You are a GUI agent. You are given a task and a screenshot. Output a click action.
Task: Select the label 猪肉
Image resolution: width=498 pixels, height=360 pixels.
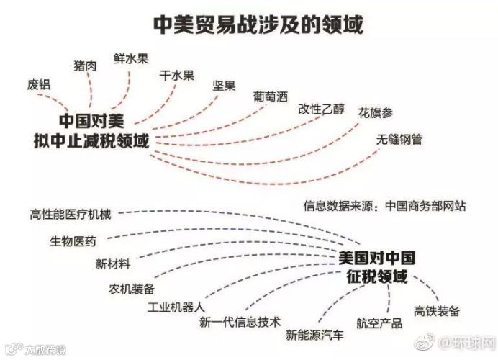pyautogui.click(x=86, y=66)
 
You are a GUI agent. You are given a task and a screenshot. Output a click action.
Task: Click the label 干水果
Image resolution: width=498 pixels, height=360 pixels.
pyautogui.click(x=176, y=73)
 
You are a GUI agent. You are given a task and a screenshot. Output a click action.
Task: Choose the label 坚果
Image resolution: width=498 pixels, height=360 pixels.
pyautogui.click(x=224, y=86)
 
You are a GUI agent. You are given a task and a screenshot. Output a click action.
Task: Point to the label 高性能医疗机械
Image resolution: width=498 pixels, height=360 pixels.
pyautogui.click(x=74, y=214)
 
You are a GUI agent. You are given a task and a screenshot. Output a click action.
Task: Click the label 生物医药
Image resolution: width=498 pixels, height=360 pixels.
pyautogui.click(x=73, y=240)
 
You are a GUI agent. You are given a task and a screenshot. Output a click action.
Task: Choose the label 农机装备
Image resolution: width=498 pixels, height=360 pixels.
pyautogui.click(x=132, y=289)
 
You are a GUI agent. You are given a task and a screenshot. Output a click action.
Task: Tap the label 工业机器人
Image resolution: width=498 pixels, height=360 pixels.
pyautogui.click(x=176, y=308)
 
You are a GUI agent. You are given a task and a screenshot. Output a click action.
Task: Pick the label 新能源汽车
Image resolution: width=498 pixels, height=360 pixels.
pyautogui.click(x=314, y=335)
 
